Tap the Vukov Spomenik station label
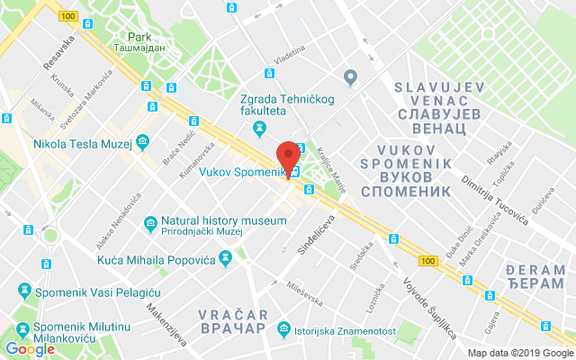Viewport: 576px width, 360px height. [236, 172]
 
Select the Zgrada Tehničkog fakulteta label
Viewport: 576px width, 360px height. [262, 104]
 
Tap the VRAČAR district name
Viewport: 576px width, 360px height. [231, 321]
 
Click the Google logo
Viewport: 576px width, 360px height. [30, 349]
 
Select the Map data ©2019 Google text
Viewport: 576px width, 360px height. [513, 353]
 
